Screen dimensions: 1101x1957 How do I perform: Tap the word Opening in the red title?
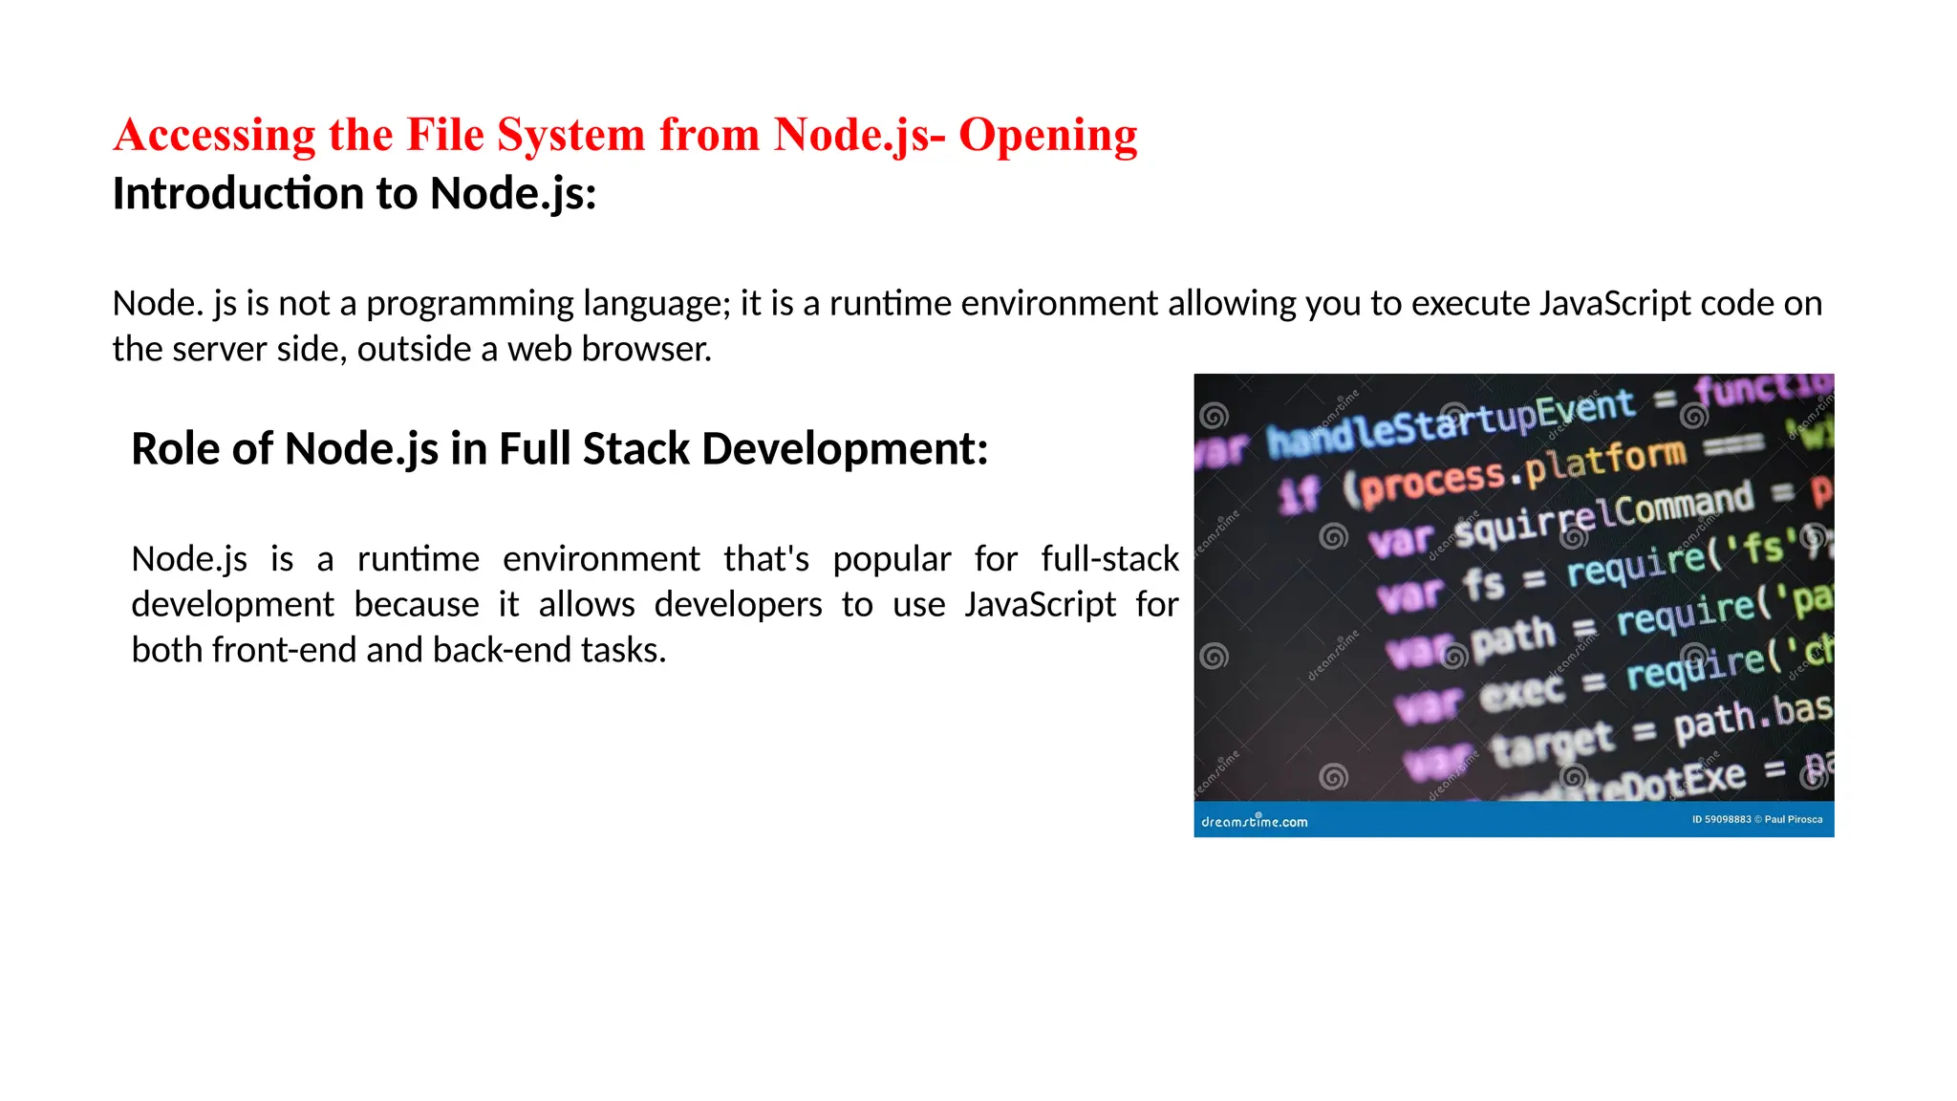coord(1047,136)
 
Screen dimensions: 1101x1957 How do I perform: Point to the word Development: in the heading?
coord(845,448)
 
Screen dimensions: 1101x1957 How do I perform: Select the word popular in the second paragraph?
coord(892,559)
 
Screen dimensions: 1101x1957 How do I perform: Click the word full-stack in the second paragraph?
coord(1109,559)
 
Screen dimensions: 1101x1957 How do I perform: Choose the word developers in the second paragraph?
coord(738,605)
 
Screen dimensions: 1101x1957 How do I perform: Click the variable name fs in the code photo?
coord(1483,583)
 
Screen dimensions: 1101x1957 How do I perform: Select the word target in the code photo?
coord(1552,743)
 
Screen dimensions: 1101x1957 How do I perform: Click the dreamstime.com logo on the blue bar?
coord(1254,821)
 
